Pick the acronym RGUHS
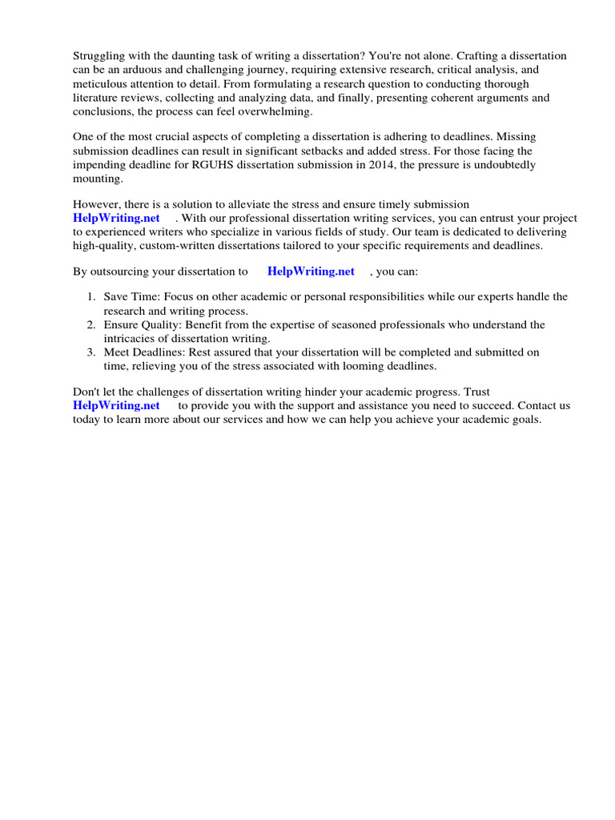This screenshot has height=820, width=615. pyautogui.click(x=213, y=165)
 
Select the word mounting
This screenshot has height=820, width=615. pyautogui.click(x=98, y=179)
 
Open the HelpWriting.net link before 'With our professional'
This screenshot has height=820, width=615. pyautogui.click(x=116, y=219)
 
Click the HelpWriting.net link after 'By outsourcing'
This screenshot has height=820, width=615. pyautogui.click(x=311, y=271)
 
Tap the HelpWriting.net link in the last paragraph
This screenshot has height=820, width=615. pyautogui.click(x=116, y=406)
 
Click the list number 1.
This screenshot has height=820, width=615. pyautogui.click(x=91, y=297)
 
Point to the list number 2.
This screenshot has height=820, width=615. pyautogui.click(x=91, y=325)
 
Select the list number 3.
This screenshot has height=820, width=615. pyautogui.click(x=91, y=352)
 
